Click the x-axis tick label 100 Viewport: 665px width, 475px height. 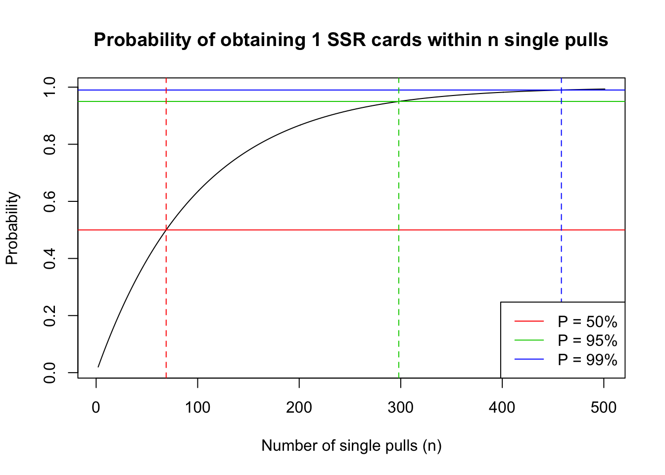point(197,408)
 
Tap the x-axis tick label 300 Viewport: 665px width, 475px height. point(400,408)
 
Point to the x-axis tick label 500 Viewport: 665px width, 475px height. point(604,408)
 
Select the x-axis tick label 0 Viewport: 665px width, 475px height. point(96,408)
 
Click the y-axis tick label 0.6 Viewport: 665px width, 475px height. point(49,201)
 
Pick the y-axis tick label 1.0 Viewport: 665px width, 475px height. point(49,87)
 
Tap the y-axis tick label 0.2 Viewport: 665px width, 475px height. point(49,316)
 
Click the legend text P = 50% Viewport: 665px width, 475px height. point(587,322)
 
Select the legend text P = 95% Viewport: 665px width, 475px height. point(587,340)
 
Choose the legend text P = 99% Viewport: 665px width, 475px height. point(587,360)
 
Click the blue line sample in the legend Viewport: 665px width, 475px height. point(529,359)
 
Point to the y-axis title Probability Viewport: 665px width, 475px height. point(12,228)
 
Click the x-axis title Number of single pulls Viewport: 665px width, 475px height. point(339,446)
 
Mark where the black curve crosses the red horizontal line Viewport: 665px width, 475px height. point(167,230)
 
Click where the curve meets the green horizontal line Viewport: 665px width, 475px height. point(399,101)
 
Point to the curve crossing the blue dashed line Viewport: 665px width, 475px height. point(562,90)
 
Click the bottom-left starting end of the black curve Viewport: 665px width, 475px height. point(98,367)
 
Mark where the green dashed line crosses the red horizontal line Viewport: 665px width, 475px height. point(399,230)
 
